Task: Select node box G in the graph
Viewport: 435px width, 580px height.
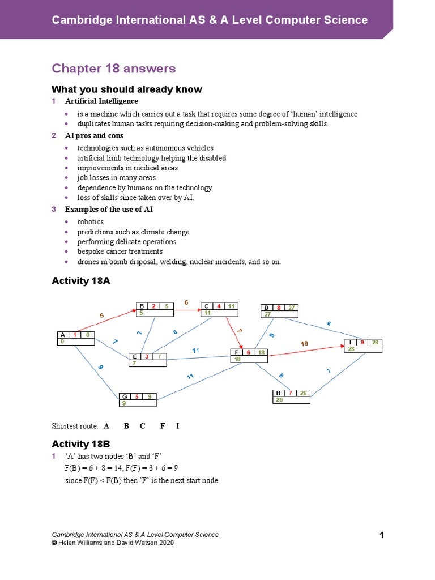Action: coord(137,399)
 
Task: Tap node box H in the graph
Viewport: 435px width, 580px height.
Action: coord(291,396)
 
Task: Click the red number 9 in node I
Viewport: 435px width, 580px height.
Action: coord(362,342)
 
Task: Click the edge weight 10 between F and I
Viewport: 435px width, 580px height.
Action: coord(304,344)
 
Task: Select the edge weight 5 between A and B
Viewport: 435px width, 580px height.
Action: coord(102,315)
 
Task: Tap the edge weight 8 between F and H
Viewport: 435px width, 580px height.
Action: coord(280,376)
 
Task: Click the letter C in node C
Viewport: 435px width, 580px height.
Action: coord(207,306)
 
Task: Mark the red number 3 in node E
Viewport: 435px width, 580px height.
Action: coord(147,356)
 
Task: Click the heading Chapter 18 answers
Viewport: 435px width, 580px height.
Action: coord(114,69)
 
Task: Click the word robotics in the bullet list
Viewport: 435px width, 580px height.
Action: coord(91,222)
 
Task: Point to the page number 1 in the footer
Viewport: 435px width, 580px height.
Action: coord(381,535)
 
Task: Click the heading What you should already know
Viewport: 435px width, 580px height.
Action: coord(126,89)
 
